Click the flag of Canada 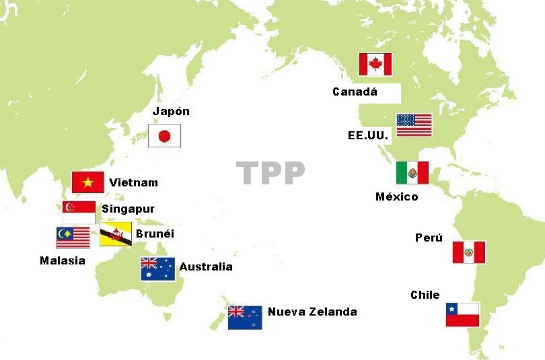click(x=375, y=65)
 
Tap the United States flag click(x=414, y=125)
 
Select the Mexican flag click(x=412, y=173)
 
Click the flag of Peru click(x=468, y=252)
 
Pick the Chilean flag click(x=462, y=315)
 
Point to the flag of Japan click(x=165, y=137)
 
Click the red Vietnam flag click(x=88, y=182)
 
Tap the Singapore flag click(x=79, y=212)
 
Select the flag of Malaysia click(x=73, y=238)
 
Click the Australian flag click(x=157, y=268)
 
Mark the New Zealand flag click(x=244, y=317)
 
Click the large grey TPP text click(x=271, y=174)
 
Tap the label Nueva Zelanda click(x=312, y=312)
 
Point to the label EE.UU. click(x=368, y=135)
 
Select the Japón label click(x=171, y=112)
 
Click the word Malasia click(x=63, y=260)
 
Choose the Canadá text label click(x=355, y=92)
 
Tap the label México click(x=396, y=196)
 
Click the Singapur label click(x=128, y=209)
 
